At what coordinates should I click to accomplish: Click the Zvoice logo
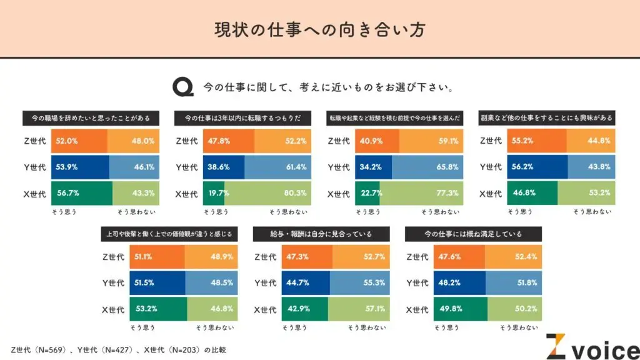click(x=591, y=346)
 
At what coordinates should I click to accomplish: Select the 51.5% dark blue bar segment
click(x=157, y=283)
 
